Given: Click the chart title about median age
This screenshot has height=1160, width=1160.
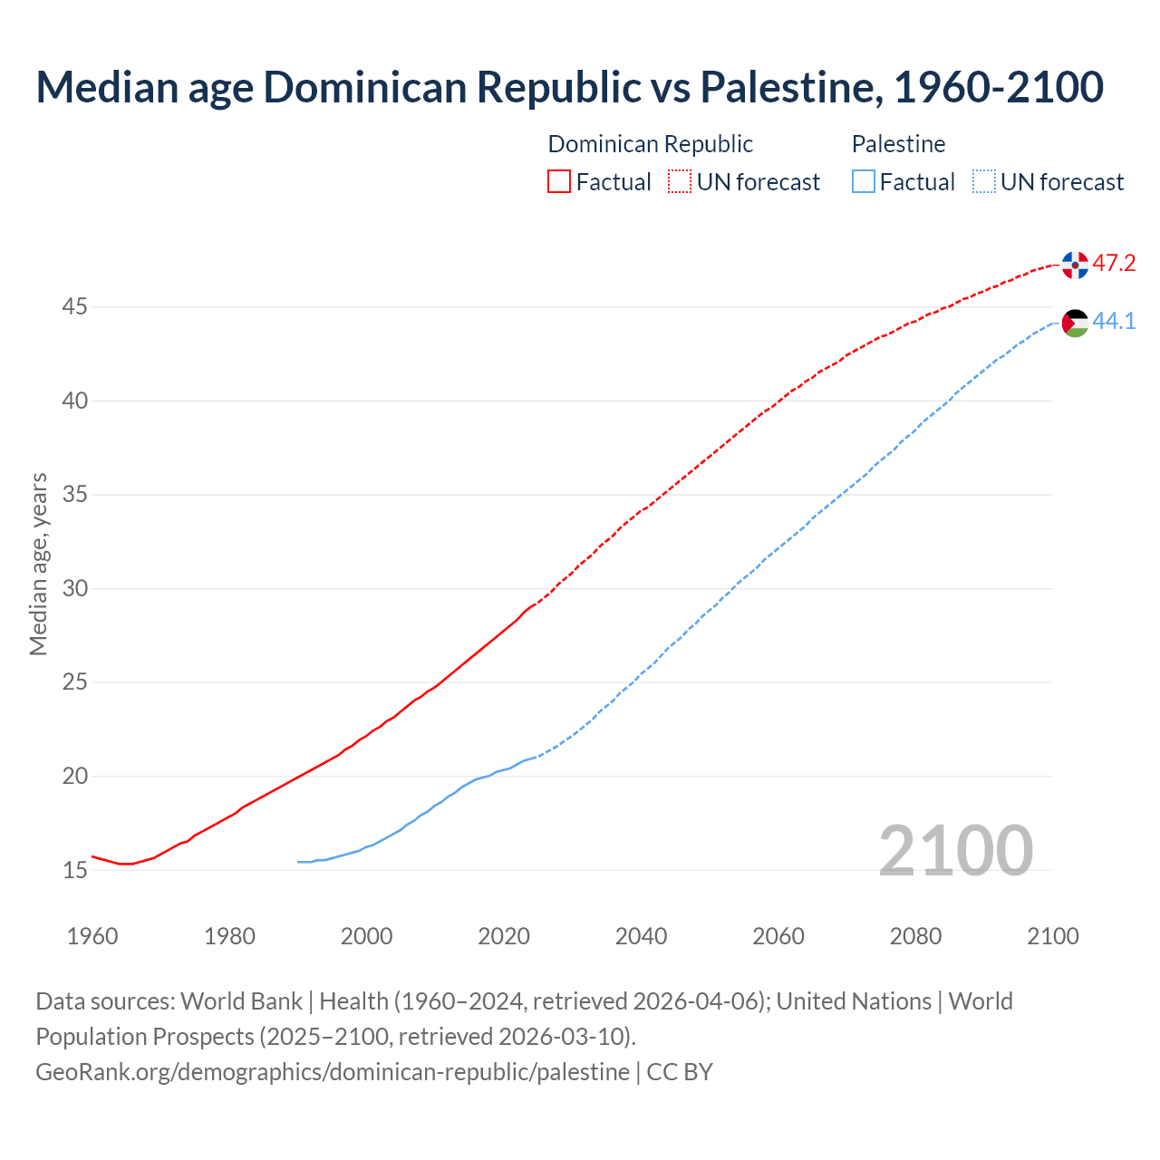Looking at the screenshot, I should point(569,87).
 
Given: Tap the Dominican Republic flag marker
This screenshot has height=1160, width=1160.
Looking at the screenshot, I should point(1075,265).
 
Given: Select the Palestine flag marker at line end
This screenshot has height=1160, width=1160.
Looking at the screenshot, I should point(1075,323).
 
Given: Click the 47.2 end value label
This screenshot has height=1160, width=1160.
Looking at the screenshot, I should point(1114,264).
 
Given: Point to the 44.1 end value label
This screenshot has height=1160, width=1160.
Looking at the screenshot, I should point(1114,322).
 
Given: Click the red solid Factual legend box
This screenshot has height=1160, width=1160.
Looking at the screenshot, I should point(559,182).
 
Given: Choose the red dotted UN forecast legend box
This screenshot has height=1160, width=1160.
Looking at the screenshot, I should point(680,182).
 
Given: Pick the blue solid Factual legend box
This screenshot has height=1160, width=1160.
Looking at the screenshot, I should point(863,182).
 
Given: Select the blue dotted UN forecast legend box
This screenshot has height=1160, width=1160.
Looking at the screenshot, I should point(983,182).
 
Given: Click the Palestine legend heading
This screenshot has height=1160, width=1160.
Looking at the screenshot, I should point(898,144).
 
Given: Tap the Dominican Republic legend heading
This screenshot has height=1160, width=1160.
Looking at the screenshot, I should point(650,144).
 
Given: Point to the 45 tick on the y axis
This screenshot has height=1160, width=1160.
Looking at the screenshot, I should point(74,307).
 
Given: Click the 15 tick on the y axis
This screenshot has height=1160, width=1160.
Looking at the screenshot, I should point(74,870).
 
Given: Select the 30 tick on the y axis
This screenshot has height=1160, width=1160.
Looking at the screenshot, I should point(74,589).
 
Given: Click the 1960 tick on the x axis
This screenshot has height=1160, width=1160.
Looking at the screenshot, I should point(92,936).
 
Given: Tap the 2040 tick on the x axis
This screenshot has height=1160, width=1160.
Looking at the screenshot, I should point(641,936).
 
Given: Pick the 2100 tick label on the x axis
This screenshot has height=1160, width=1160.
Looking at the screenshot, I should point(1052,936).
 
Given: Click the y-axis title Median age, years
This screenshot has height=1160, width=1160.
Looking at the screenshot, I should point(38,564).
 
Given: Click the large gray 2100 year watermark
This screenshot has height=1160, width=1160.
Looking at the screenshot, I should point(955,851).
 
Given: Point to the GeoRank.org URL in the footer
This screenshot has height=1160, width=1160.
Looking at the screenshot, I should point(332,1072).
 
